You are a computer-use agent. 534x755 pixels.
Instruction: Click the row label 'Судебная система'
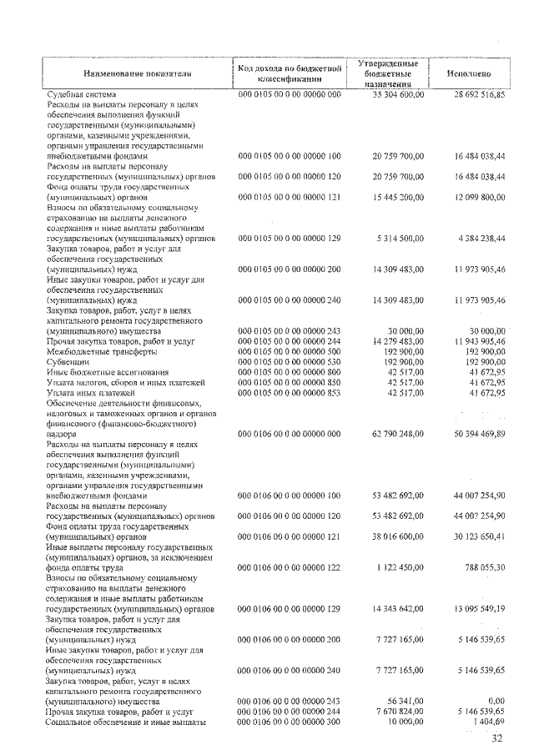click(82, 96)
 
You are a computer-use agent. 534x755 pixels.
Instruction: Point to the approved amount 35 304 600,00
click(392, 96)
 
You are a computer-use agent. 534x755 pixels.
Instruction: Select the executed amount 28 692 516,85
click(473, 96)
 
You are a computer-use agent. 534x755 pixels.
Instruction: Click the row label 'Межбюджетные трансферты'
click(95, 351)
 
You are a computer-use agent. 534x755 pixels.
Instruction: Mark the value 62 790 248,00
click(392, 434)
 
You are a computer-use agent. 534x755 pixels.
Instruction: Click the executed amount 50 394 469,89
click(473, 434)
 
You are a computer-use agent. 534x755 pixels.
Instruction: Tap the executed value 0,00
click(496, 701)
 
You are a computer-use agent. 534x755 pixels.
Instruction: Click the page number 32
click(497, 738)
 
